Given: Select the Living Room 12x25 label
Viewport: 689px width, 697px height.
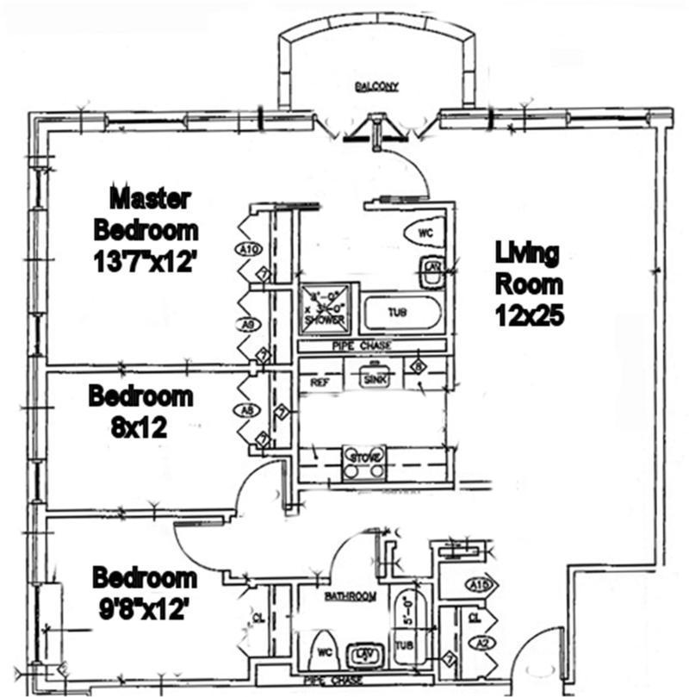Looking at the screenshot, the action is tap(529, 284).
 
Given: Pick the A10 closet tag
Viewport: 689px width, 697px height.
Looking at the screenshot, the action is tap(248, 250).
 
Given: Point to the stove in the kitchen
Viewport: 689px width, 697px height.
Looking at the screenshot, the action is tap(363, 462).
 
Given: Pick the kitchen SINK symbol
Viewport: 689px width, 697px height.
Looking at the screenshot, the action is tap(374, 377).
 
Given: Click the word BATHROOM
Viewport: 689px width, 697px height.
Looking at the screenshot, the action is tap(350, 596).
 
